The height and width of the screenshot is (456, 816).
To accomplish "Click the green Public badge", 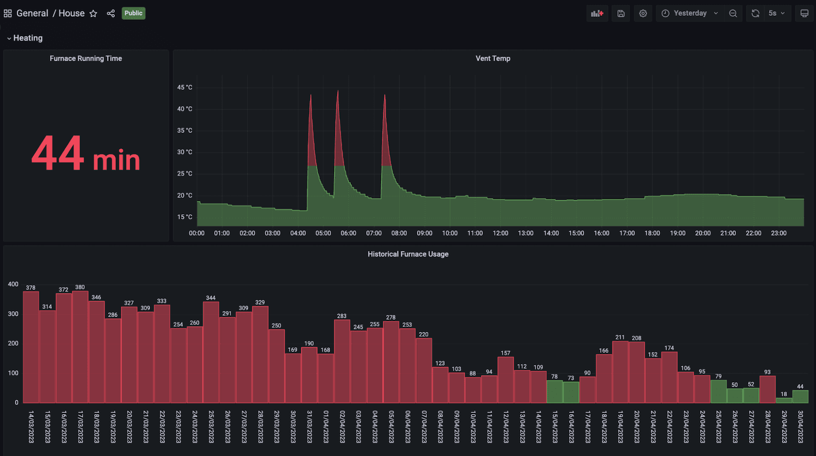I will (x=133, y=13).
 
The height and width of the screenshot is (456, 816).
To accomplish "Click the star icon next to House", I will (x=93, y=14).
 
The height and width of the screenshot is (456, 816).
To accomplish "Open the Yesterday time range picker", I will (x=690, y=13).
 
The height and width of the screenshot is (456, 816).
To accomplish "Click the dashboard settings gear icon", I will (x=643, y=13).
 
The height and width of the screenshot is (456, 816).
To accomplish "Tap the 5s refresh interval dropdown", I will (x=776, y=13).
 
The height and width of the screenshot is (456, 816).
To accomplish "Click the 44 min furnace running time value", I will (x=86, y=154).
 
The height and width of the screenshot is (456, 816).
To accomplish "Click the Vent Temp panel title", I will (x=493, y=59).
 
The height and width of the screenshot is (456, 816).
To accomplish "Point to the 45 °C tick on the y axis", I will (x=185, y=88).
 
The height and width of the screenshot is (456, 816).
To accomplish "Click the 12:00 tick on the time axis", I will (x=500, y=233).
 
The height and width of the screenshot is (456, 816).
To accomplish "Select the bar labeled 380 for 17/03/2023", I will (x=80, y=347).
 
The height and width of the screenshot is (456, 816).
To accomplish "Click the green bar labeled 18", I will (x=784, y=400).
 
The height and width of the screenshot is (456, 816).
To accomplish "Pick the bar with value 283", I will (x=342, y=361).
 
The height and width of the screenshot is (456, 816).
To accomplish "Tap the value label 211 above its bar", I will (x=620, y=337).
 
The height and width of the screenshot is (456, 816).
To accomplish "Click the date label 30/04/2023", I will (x=800, y=426).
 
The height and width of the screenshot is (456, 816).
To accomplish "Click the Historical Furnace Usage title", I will (x=408, y=254).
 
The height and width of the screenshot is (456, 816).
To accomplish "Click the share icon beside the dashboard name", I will (x=111, y=14).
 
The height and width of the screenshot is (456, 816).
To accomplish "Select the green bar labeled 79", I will (x=718, y=392).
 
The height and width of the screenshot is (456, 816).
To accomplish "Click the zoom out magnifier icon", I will (x=733, y=13).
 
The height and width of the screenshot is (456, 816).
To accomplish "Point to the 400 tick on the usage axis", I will (x=13, y=284).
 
